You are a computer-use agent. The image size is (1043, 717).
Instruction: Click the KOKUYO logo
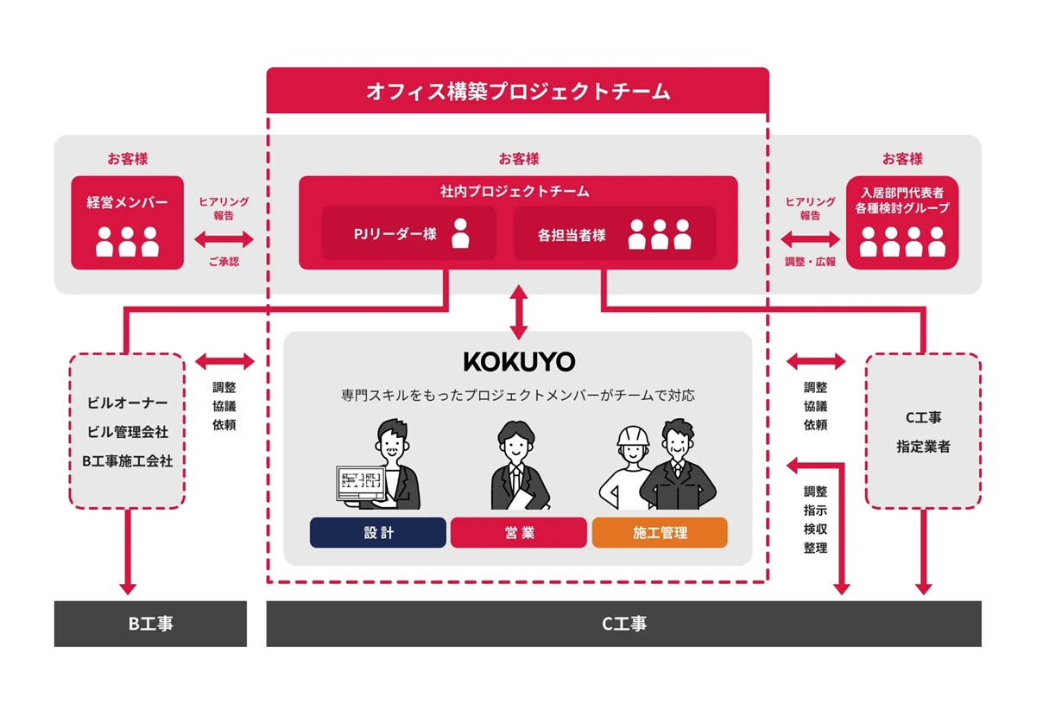518,361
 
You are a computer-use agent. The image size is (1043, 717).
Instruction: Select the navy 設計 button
378,533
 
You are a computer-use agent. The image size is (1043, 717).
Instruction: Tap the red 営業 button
518,533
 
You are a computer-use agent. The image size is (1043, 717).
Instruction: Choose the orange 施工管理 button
660,533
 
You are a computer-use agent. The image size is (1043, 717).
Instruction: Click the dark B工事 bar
150,624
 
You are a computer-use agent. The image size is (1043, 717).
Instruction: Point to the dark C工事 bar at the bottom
623,624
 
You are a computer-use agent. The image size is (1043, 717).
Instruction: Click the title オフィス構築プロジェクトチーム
517,91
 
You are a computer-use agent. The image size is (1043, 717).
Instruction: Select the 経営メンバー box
127,223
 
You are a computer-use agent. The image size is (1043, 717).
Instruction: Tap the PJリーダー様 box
408,233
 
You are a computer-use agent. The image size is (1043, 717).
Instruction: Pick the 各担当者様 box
615,233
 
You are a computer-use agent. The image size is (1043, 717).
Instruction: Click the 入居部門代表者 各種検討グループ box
902,223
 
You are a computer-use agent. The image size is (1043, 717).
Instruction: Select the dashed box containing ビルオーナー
127,430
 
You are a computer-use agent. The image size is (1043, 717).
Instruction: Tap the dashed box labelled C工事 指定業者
923,430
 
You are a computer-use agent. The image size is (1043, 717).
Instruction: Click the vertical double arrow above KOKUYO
518,312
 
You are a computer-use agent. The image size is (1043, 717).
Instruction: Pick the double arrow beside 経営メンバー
224,238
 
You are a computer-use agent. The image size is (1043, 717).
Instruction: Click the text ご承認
224,261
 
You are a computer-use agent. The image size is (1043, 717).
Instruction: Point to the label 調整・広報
810,261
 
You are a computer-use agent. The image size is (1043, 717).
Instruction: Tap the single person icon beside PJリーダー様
460,233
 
